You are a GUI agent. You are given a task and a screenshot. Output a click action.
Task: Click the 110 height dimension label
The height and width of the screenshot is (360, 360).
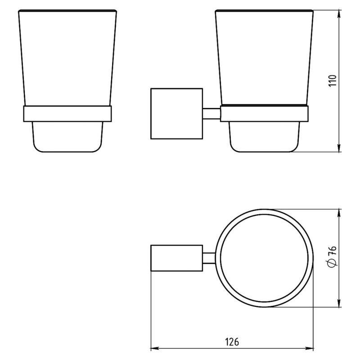[333, 81]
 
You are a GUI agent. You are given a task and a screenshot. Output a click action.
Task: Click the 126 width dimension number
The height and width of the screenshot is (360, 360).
[232, 342]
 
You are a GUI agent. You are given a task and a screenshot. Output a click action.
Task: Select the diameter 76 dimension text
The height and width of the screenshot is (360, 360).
[332, 256]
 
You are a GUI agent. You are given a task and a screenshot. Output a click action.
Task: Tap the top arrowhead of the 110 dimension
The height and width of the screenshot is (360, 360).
[339, 14]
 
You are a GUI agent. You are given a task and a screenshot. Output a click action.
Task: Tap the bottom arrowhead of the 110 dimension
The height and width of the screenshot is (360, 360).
[339, 148]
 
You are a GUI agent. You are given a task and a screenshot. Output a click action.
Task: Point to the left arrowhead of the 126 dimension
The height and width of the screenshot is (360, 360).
[154, 349]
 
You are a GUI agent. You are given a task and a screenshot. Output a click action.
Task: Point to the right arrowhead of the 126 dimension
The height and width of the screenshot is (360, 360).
[309, 349]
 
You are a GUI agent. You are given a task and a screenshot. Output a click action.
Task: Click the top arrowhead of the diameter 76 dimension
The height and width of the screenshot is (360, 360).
[339, 213]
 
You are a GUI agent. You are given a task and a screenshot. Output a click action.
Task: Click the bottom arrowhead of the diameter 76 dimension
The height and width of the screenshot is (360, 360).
[339, 303]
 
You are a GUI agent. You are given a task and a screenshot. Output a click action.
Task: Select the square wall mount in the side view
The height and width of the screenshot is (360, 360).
[176, 114]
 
